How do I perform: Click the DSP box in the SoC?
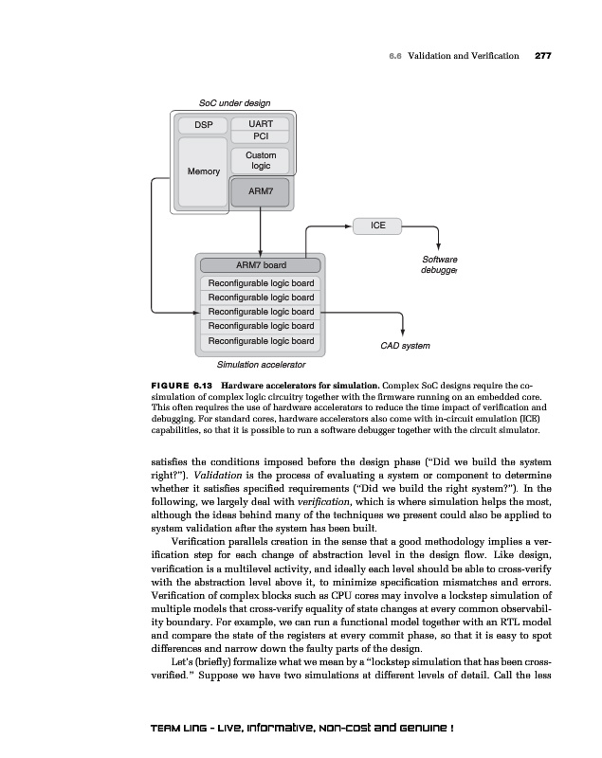[203, 125]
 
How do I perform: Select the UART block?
[261, 124]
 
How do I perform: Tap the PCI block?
[261, 136]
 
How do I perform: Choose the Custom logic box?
[261, 160]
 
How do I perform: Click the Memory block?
[203, 171]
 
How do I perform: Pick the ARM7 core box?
[261, 191]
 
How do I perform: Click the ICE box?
[376, 226]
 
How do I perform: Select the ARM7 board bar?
[260, 264]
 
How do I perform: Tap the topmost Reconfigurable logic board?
[260, 283]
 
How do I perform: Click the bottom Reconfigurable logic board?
[260, 340]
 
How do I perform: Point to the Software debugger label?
[439, 265]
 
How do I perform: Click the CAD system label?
[405, 346]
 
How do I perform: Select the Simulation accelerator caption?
[262, 364]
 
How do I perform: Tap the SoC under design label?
[234, 102]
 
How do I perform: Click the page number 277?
[543, 56]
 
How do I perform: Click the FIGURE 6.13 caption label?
[182, 385]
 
